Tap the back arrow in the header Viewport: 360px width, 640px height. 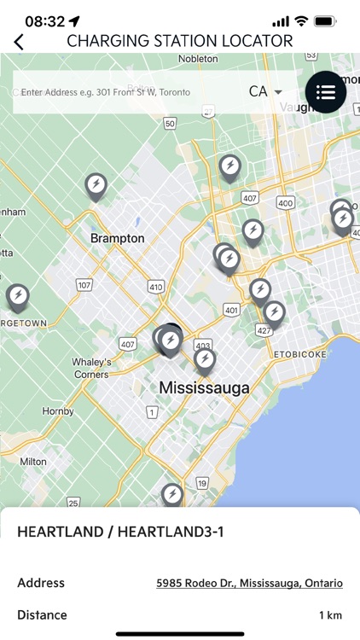[x=19, y=41]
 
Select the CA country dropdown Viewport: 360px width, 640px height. [x=265, y=91]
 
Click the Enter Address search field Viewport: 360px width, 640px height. [x=128, y=92]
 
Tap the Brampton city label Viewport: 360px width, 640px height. [x=118, y=238]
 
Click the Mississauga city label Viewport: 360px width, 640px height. [x=205, y=388]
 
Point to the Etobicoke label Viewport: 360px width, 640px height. [x=300, y=352]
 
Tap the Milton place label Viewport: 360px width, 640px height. [x=33, y=462]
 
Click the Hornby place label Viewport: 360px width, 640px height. [x=35, y=410]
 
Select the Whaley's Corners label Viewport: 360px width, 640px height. [x=91, y=368]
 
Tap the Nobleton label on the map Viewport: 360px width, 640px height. [x=199, y=59]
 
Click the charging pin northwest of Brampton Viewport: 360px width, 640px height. [x=96, y=185]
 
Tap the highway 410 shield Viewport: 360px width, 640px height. [x=155, y=288]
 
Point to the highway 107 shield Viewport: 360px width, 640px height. [x=84, y=284]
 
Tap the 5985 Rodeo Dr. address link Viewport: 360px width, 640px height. [x=249, y=584]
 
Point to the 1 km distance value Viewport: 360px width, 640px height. [x=331, y=615]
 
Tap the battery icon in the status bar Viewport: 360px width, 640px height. [x=325, y=20]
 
